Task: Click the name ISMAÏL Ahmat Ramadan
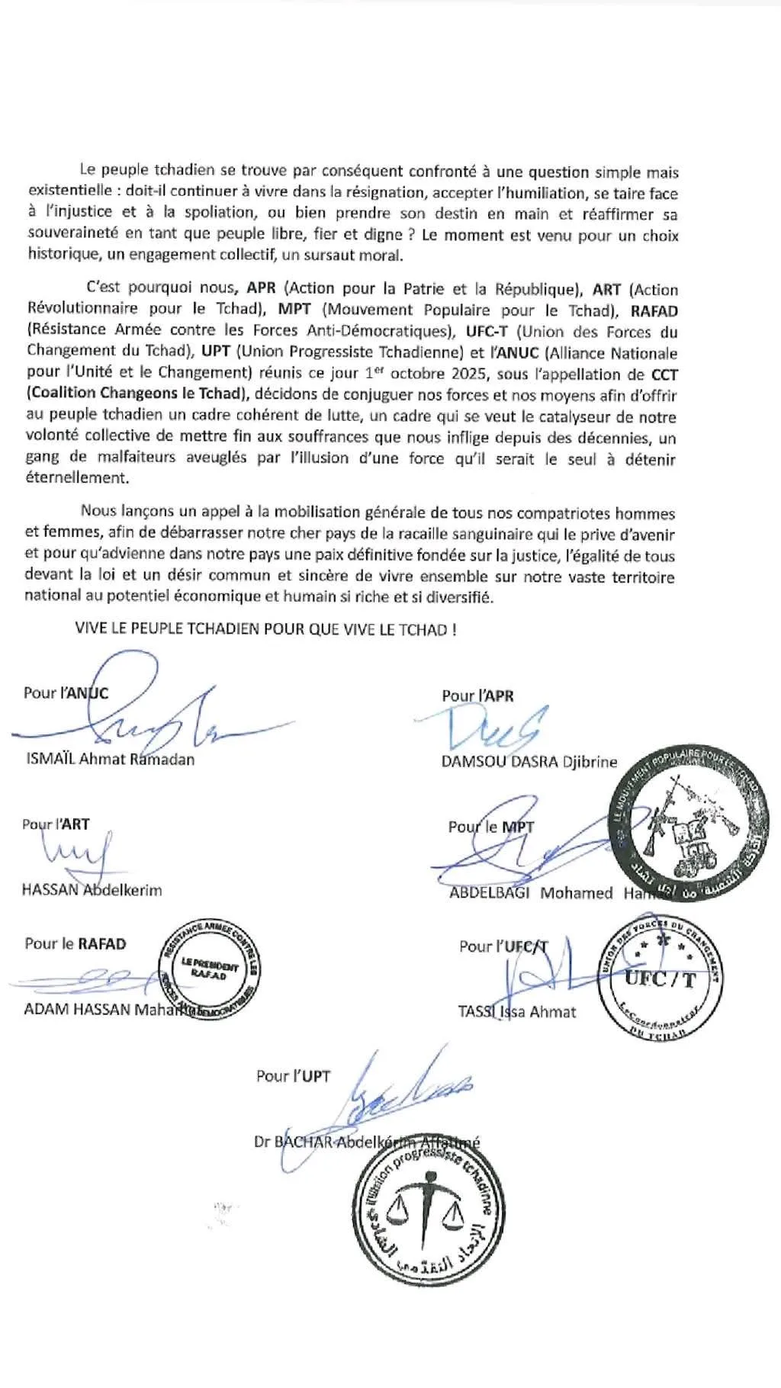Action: pos(110,760)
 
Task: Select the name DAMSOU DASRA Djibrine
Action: pos(529,762)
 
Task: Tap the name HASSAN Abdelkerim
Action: pos(92,890)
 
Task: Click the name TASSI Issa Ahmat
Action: pos(516,1012)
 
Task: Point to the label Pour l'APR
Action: pos(477,696)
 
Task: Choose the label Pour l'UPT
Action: pos(293,1076)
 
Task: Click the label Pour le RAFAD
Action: pos(75,944)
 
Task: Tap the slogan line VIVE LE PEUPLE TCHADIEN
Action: pos(265,630)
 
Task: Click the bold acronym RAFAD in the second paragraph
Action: pos(654,310)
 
